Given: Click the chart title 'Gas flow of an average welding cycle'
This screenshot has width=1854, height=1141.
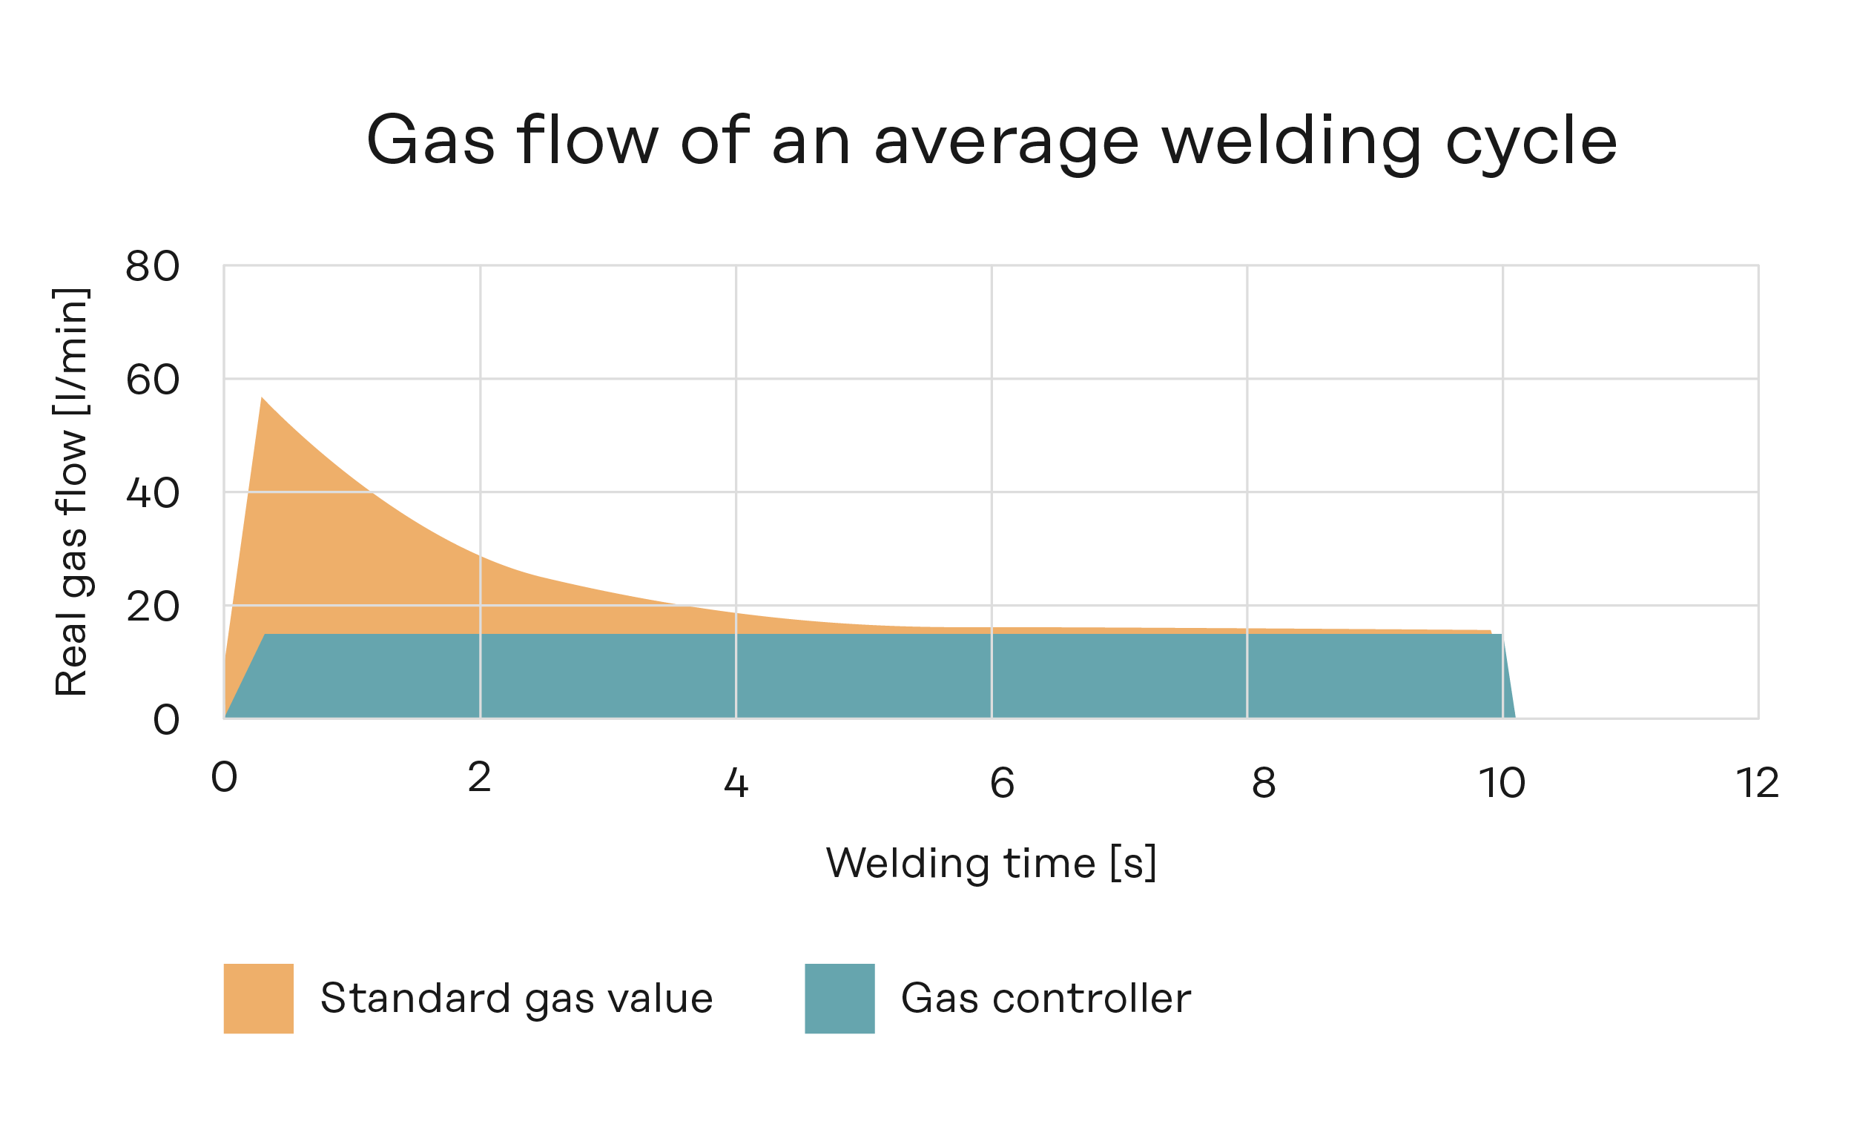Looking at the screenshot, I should (992, 141).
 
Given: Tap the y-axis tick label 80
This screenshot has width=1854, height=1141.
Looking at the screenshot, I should (153, 266).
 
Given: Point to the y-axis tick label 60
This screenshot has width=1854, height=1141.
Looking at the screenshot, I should (153, 380).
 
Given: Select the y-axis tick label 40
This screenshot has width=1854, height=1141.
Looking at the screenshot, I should (153, 493).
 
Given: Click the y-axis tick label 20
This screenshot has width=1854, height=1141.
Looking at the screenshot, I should (153, 606).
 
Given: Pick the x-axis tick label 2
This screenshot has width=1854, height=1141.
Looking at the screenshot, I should (479, 777).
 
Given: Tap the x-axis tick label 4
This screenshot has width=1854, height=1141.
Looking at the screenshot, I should (735, 783).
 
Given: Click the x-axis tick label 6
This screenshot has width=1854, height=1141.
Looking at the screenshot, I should (1002, 783).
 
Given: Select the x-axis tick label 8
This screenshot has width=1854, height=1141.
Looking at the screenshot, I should (1264, 783).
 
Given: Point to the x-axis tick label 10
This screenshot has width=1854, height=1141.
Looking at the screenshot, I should (1502, 783).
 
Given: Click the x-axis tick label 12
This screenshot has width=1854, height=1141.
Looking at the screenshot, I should (1758, 783).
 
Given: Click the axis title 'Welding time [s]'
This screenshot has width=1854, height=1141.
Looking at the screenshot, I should (992, 863).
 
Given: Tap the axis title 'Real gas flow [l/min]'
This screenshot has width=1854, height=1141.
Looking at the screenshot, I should (72, 492).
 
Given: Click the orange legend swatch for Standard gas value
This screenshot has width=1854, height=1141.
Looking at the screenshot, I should (258, 999).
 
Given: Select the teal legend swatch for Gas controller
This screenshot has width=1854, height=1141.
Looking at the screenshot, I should (839, 999).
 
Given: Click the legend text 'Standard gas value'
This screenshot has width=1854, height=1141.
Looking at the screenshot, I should (516, 999).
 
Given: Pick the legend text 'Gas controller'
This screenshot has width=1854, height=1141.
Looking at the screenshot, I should (1046, 999).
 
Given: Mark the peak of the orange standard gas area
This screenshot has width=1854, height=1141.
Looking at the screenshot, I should (262, 397).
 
